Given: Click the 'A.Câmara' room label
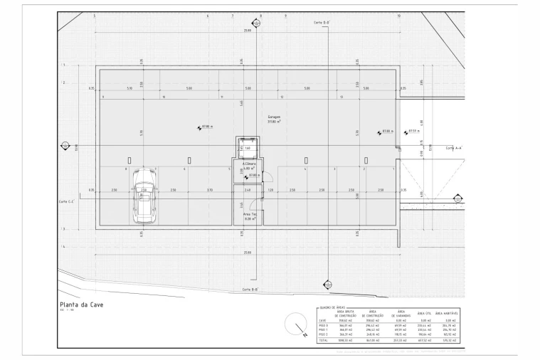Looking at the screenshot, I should (248, 164).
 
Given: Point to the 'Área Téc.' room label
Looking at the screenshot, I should (249, 215).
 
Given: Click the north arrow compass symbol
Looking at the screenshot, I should (292, 327).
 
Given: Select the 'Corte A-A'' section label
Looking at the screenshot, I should (454, 148).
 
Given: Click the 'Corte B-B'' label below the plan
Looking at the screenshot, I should (249, 290).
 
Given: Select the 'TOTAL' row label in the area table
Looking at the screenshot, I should (324, 341).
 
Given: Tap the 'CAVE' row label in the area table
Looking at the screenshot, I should (323, 321).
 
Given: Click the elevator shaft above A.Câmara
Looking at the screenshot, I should (248, 148).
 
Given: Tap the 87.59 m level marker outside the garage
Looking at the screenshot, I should (413, 131).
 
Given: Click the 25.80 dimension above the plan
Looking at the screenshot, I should (247, 31).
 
